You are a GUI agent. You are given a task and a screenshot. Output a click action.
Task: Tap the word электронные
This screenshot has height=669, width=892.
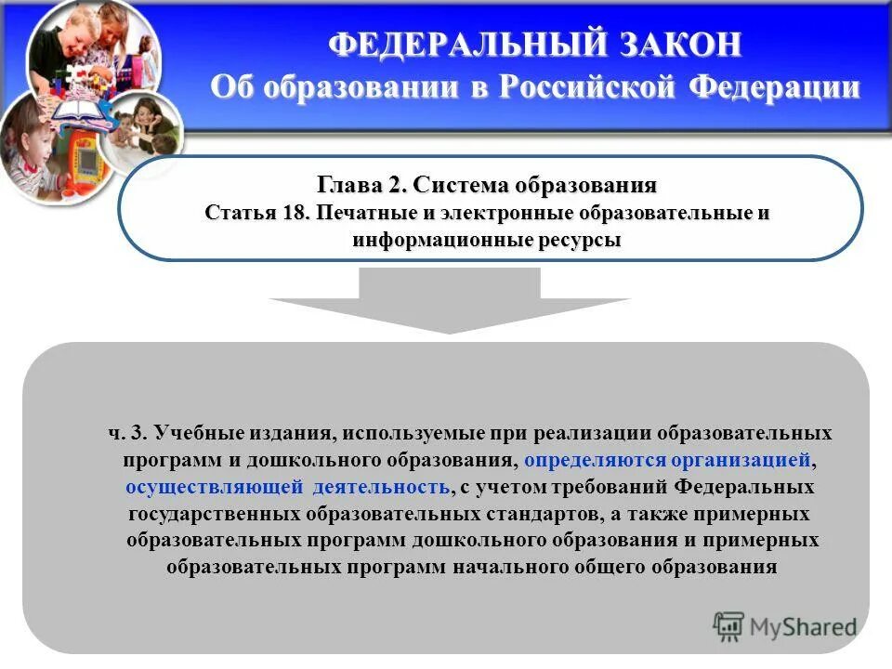496,213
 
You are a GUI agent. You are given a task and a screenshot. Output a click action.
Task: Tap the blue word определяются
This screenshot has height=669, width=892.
591,460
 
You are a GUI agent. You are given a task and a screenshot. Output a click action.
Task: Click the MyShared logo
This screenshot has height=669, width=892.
785,626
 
